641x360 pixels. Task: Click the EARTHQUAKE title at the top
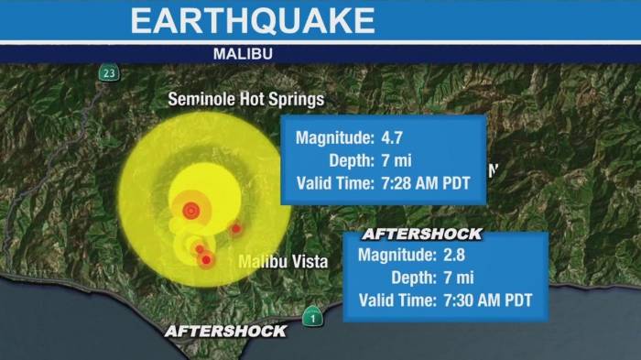tap(252, 20)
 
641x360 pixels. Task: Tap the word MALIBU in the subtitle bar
tap(243, 54)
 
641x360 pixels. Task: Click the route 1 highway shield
tap(312, 317)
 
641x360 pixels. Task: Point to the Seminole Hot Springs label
tap(245, 99)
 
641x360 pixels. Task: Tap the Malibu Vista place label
tap(283, 261)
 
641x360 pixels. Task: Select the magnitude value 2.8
tap(455, 255)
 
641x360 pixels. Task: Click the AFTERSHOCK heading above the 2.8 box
tap(421, 234)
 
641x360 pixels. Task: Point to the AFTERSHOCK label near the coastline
tap(225, 331)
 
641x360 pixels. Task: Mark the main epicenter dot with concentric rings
tap(190, 211)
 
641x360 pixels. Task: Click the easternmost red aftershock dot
tap(235, 228)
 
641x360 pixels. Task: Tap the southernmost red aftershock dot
tap(206, 260)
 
